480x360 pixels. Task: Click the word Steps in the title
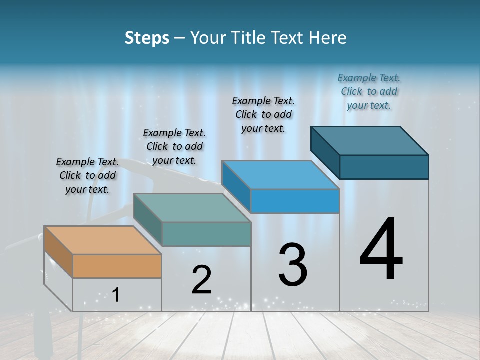(147, 38)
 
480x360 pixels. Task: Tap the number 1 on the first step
(116, 295)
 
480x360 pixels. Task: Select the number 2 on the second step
(201, 280)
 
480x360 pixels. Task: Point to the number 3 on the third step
(293, 265)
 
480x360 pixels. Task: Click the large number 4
(381, 250)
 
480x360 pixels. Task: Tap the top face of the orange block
(103, 240)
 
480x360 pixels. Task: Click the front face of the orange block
(117, 266)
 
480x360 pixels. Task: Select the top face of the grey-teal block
(192, 208)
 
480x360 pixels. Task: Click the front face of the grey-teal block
(206, 234)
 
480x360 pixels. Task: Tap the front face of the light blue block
(295, 201)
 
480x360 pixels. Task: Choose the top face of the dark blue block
(370, 140)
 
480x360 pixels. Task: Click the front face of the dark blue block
(384, 167)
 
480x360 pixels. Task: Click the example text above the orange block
(87, 175)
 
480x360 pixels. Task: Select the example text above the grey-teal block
(174, 146)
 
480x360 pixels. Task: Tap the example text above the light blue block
(263, 114)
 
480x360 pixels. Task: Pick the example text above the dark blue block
(369, 91)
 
